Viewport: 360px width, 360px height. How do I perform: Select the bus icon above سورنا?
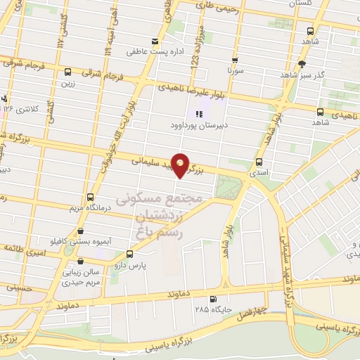pos(235,60)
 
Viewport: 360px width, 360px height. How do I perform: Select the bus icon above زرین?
pos(67,72)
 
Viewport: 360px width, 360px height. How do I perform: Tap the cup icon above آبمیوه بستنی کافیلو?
pos(82,231)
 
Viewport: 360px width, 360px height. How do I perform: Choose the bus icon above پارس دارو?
pos(129,255)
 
